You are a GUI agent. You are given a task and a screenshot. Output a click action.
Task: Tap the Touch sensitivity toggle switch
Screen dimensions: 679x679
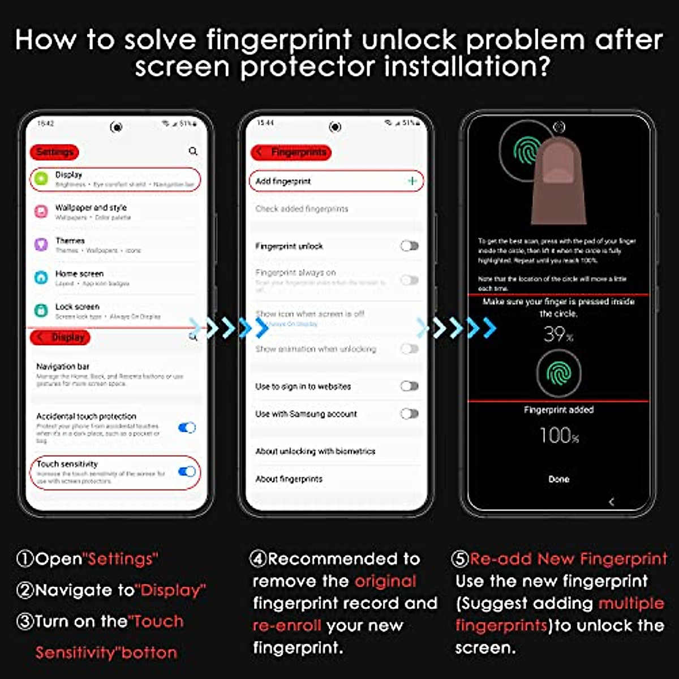pyautogui.click(x=187, y=471)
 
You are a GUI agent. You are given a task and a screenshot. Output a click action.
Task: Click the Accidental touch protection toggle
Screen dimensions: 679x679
pyautogui.click(x=187, y=428)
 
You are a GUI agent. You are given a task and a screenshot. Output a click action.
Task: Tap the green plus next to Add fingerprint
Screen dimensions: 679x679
pyautogui.click(x=412, y=181)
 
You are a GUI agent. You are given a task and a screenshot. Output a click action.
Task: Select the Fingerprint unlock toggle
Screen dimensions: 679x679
pyautogui.click(x=409, y=246)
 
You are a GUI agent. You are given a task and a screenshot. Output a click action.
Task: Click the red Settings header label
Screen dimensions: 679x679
pyautogui.click(x=54, y=152)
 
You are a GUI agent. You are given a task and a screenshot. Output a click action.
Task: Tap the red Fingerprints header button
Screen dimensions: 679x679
pyautogui.click(x=291, y=152)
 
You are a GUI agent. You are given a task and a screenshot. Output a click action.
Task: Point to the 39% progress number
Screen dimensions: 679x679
pyautogui.click(x=558, y=334)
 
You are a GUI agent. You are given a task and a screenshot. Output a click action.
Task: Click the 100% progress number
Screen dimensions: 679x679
pyautogui.click(x=559, y=436)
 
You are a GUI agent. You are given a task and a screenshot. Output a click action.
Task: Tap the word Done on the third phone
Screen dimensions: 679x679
pyautogui.click(x=558, y=479)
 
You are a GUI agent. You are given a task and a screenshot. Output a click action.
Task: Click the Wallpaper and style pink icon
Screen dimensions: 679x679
pyautogui.click(x=41, y=212)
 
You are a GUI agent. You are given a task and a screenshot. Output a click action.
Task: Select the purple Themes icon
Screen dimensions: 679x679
pyautogui.click(x=41, y=244)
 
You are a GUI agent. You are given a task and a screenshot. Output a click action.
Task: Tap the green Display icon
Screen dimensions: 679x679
pyautogui.click(x=41, y=179)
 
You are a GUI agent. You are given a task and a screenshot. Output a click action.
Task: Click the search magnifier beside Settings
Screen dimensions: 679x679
pyautogui.click(x=193, y=151)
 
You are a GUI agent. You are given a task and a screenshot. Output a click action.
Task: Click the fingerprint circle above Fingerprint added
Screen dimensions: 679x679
pyautogui.click(x=558, y=373)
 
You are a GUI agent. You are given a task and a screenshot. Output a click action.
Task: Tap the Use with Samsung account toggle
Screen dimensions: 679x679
pyautogui.click(x=409, y=414)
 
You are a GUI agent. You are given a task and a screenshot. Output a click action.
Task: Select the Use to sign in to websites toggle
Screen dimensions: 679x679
pyautogui.click(x=409, y=386)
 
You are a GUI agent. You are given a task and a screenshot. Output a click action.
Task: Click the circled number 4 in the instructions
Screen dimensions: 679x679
pyautogui.click(x=258, y=559)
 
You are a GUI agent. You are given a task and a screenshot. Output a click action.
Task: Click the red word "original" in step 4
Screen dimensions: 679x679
pyautogui.click(x=385, y=581)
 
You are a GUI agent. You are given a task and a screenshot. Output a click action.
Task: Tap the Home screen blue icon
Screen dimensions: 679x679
pyautogui.click(x=41, y=277)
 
